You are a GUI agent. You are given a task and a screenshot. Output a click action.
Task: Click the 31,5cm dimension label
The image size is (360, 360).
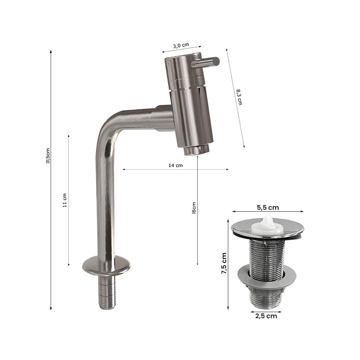pos(48,156)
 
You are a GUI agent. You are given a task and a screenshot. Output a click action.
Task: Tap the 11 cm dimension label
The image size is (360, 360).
pos(65,201)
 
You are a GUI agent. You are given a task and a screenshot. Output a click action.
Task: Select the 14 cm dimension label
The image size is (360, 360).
pos(176,165)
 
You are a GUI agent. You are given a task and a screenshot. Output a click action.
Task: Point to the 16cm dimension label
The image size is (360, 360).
pos(194,208)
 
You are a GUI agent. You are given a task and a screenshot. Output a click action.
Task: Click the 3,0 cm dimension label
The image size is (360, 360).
pos(181,45)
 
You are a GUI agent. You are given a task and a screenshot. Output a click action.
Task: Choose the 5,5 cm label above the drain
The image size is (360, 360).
pos(268,208)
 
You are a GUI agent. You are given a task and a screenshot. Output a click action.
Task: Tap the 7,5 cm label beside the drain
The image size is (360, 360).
pos(224,264)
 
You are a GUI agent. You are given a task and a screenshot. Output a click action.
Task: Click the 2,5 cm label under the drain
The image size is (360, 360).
pos(266,316)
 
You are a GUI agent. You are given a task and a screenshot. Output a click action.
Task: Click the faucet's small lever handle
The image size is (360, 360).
pos(206,62)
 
